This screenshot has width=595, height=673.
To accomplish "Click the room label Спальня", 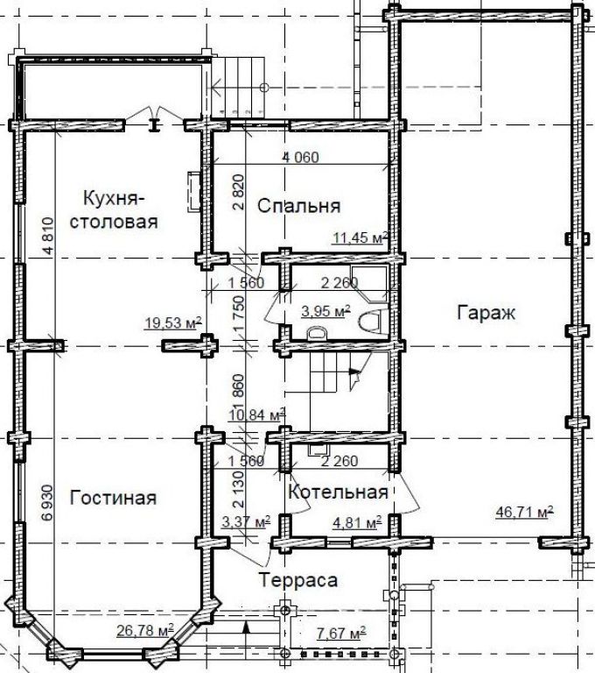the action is pyautogui.click(x=298, y=206).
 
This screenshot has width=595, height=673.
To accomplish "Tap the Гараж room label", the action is pyautogui.click(x=486, y=313).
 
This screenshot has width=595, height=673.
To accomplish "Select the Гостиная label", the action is pyautogui.click(x=113, y=498).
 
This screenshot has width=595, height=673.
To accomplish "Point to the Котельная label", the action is pyautogui.click(x=339, y=492).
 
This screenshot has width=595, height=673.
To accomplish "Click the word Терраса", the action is pyautogui.click(x=298, y=580).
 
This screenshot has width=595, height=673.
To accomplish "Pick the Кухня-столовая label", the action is pyautogui.click(x=114, y=210).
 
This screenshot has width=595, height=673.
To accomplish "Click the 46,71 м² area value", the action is pyautogui.click(x=524, y=512).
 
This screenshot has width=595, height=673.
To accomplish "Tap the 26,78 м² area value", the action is pyautogui.click(x=145, y=631).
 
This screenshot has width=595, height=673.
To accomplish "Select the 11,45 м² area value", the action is pyautogui.click(x=360, y=237).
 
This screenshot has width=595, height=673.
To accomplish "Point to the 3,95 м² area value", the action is pyautogui.click(x=325, y=311).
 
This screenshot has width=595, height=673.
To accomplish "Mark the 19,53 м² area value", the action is pyautogui.click(x=173, y=322).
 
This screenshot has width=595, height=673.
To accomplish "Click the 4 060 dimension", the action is pyautogui.click(x=300, y=158).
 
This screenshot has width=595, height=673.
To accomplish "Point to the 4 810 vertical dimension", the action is pyautogui.click(x=48, y=237).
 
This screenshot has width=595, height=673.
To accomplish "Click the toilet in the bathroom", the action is pyautogui.click(x=371, y=320).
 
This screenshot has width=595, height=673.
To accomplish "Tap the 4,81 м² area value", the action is pyautogui.click(x=358, y=523).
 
